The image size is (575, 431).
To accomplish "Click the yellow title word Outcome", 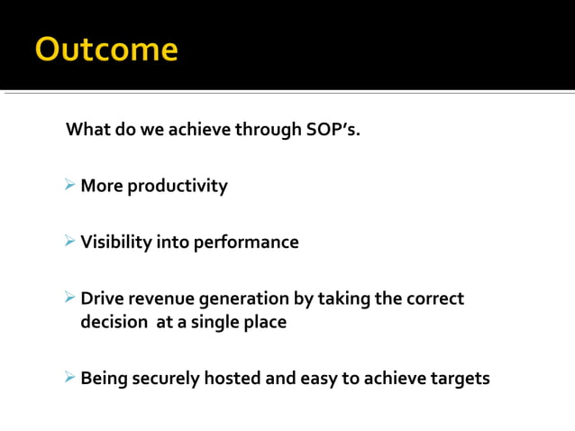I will tap(106, 49).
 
